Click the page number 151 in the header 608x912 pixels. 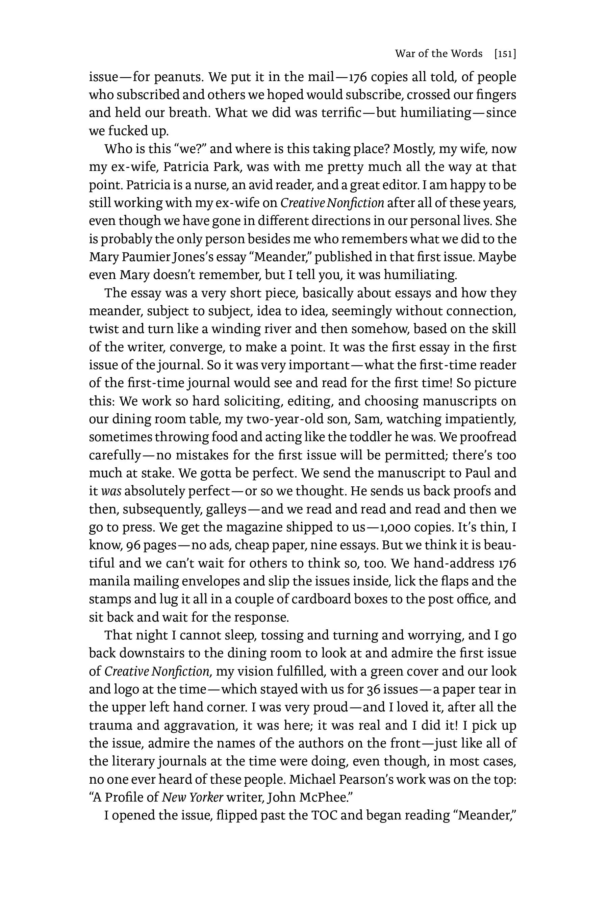tap(505, 54)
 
